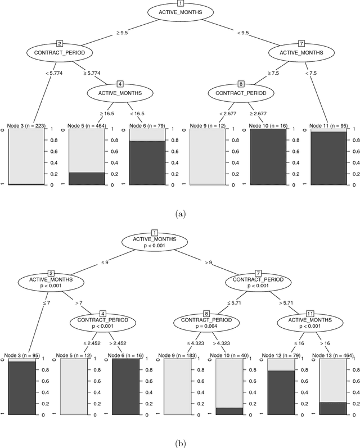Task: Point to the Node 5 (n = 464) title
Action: (89, 125)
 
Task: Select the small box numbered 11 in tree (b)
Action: (309, 313)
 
